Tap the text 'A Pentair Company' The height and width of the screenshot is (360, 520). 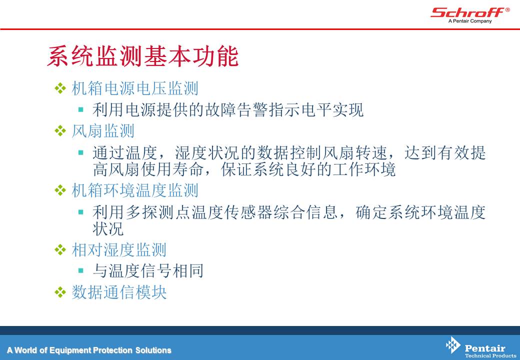[x=470, y=21]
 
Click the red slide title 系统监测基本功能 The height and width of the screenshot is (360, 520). [x=143, y=56]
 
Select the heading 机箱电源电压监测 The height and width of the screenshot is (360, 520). [x=135, y=88]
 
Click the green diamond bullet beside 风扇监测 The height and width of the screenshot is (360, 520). [x=60, y=130]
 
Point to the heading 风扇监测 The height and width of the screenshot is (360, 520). [x=103, y=131]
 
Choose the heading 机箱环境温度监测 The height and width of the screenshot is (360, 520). [x=135, y=190]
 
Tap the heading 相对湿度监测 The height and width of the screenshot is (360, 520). [x=119, y=250]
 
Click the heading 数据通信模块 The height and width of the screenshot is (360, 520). [x=119, y=292]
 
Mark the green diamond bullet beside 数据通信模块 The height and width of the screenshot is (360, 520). [x=60, y=292]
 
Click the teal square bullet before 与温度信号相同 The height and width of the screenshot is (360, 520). [x=80, y=270]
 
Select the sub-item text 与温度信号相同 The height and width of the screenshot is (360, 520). [x=148, y=271]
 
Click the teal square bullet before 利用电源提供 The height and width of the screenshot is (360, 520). [x=80, y=109]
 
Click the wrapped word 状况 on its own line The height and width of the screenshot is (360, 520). [x=108, y=228]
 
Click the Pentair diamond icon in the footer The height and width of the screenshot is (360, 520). [x=453, y=345]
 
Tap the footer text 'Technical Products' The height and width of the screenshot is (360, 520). [x=490, y=355]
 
